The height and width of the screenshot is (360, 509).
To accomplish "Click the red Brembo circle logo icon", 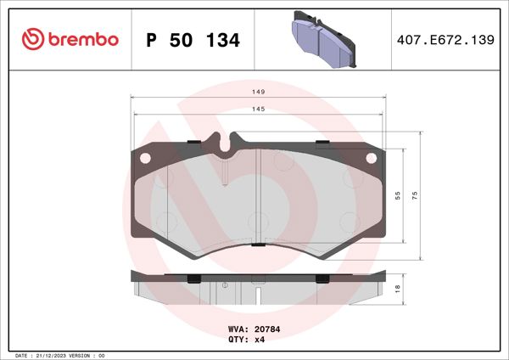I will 31,39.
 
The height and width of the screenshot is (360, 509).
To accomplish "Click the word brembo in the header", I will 81,39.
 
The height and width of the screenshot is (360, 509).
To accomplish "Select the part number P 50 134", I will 193,40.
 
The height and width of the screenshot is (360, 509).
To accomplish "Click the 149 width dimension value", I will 258,92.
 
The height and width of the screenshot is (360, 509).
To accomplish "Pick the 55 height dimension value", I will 398,194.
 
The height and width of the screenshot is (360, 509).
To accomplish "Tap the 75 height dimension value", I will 415,194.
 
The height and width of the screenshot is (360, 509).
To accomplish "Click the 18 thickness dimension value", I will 398,290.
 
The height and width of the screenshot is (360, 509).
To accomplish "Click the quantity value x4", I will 260,339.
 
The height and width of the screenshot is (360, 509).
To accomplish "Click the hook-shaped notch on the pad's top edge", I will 227,146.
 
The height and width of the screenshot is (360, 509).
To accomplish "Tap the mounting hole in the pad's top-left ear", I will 144,157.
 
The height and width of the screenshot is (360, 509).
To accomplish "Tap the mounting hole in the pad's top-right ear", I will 370,157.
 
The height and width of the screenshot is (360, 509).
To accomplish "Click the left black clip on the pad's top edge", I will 193,142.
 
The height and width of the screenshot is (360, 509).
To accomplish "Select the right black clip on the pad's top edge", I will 322,142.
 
